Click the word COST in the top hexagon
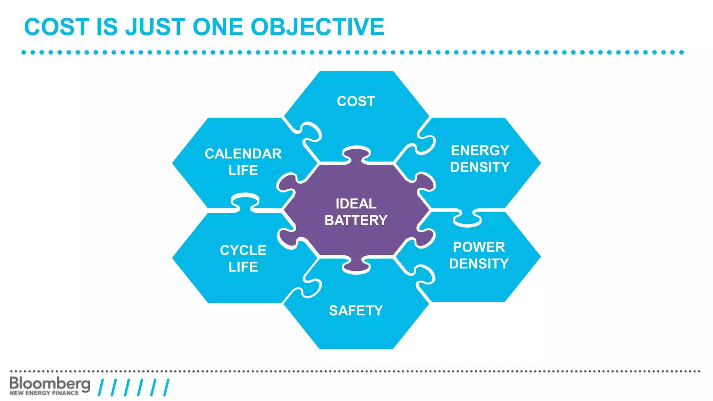(x=356, y=101)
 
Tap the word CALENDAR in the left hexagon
(x=243, y=154)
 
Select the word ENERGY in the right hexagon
(x=480, y=151)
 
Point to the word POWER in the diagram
(x=479, y=247)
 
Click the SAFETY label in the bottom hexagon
(x=356, y=310)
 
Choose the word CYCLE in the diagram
(x=243, y=250)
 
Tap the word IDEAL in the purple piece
(x=356, y=204)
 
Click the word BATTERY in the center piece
(x=356, y=220)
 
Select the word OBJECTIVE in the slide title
(x=317, y=27)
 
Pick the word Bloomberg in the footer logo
(x=50, y=384)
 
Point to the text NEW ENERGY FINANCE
(x=44, y=393)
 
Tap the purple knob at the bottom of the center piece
(x=356, y=266)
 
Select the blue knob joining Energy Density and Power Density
(x=467, y=219)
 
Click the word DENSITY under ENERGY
(x=480, y=167)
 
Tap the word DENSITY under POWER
(x=479, y=264)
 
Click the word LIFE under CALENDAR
(x=243, y=171)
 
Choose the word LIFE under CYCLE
(x=243, y=267)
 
